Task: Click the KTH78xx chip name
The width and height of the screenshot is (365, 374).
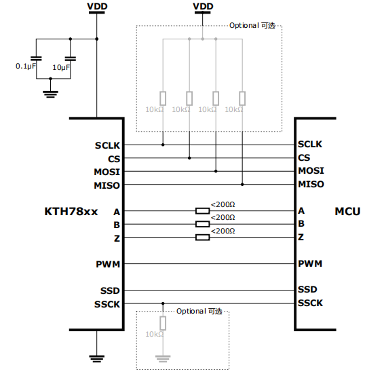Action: click(x=71, y=212)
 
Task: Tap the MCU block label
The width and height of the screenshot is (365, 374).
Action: click(x=347, y=212)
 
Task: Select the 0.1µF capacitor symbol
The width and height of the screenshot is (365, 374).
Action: click(x=36, y=58)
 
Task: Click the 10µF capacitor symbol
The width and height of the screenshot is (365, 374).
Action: click(x=71, y=58)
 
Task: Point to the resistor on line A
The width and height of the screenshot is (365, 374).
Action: click(x=203, y=211)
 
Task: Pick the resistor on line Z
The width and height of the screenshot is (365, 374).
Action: click(x=203, y=238)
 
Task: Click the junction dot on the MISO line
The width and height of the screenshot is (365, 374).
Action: click(x=242, y=185)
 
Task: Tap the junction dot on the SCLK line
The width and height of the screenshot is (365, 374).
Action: click(x=163, y=145)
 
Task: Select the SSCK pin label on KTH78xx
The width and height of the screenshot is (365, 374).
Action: click(x=107, y=304)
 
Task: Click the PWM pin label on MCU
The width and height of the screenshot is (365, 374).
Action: click(x=310, y=263)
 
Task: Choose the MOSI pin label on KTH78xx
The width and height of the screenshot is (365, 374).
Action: click(x=107, y=172)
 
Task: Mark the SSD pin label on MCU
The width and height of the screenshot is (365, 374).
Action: click(x=307, y=290)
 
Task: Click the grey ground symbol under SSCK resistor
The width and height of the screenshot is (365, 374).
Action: click(x=163, y=358)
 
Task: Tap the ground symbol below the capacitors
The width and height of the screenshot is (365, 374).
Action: click(x=50, y=94)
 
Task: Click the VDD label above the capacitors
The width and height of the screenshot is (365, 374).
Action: click(x=97, y=6)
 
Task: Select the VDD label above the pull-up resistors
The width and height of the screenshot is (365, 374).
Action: click(x=203, y=6)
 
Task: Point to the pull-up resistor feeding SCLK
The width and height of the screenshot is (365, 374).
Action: click(x=163, y=98)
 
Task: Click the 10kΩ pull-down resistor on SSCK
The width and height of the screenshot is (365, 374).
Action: click(x=163, y=323)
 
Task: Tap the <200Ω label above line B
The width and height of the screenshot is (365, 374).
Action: click(x=223, y=217)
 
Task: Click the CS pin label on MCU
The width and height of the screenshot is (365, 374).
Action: click(x=304, y=157)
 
